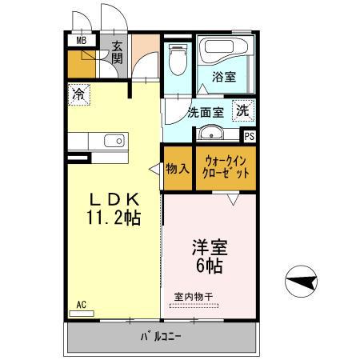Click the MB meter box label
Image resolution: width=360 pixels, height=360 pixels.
pos(81,40)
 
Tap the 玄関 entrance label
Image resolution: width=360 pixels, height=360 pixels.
pos(117,52)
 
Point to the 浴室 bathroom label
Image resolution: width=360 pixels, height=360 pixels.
pos(224,78)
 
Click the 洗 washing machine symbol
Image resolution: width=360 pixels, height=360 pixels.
pos(242,110)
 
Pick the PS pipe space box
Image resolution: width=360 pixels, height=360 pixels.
pos(250,137)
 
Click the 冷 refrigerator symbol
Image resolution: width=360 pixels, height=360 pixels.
pos(79,94)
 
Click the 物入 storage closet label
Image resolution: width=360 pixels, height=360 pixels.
pos(178,169)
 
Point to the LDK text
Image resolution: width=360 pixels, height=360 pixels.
pos(115,198)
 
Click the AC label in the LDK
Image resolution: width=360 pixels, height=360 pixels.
pos(82,304)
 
